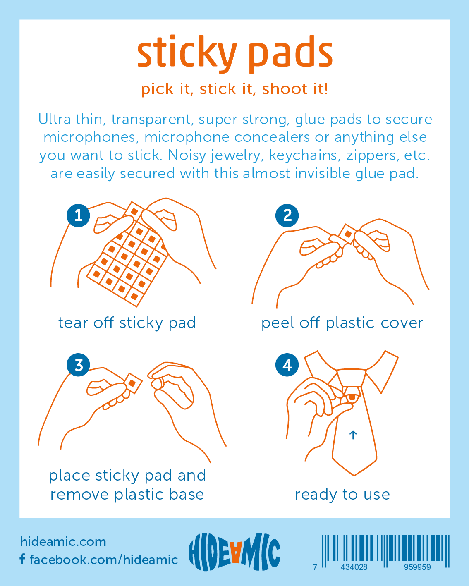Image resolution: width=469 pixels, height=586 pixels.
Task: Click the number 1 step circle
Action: [x=78, y=215]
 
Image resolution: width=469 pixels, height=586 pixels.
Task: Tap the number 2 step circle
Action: [x=287, y=215]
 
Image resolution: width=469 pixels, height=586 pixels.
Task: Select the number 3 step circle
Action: [x=78, y=365]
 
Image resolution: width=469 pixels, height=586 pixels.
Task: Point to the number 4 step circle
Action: [x=287, y=365]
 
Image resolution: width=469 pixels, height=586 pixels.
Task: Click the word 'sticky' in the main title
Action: [x=187, y=54]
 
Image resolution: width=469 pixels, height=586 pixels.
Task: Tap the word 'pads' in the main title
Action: [x=290, y=54]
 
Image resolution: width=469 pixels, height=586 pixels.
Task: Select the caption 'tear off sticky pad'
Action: [x=127, y=323]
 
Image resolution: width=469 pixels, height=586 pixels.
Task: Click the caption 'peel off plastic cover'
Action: [x=342, y=323]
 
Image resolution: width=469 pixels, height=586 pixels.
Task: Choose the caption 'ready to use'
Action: [x=342, y=494]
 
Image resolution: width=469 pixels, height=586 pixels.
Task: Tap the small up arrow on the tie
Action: [x=353, y=435]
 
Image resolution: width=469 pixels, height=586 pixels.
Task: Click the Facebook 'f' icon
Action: [x=23, y=559]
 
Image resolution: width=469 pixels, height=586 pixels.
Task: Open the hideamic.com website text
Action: [x=63, y=542]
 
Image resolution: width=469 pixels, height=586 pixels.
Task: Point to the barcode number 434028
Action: [x=354, y=567]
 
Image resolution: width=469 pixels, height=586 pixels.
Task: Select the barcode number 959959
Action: [x=417, y=567]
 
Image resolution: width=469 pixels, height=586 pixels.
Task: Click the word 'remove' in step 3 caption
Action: [x=79, y=495]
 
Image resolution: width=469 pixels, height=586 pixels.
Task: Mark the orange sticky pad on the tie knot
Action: [x=352, y=397]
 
